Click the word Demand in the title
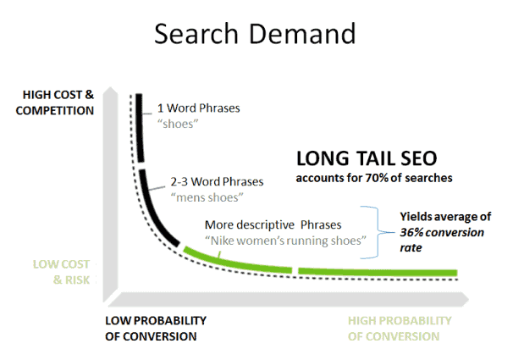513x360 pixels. [x=301, y=34]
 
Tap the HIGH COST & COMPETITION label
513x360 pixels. [x=52, y=102]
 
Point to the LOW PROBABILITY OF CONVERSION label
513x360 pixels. [x=151, y=328]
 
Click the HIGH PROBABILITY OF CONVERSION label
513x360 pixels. [x=400, y=328]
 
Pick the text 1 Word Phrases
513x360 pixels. [x=199, y=108]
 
